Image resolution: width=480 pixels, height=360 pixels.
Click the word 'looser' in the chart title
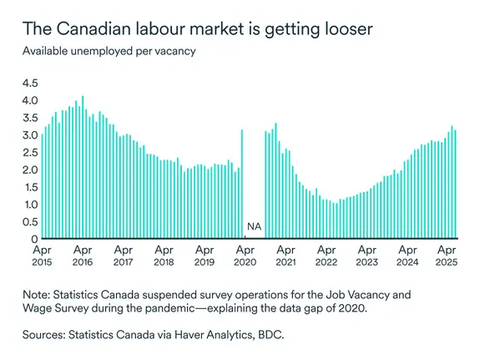coord(340,29)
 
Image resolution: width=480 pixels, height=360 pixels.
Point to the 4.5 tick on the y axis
coord(30,83)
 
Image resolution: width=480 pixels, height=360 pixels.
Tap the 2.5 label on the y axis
coord(30,152)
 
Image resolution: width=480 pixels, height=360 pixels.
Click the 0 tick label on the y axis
coord(34,239)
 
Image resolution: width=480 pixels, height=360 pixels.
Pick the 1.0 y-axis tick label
coord(30,205)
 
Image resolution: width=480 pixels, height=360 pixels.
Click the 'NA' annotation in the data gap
coord(253,226)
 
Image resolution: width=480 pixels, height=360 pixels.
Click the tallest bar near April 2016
coord(82,167)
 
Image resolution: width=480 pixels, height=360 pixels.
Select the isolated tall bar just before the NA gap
coord(241,184)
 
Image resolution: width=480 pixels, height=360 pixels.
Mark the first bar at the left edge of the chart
coord(43,185)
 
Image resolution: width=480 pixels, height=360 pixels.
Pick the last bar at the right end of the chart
coord(455,184)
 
